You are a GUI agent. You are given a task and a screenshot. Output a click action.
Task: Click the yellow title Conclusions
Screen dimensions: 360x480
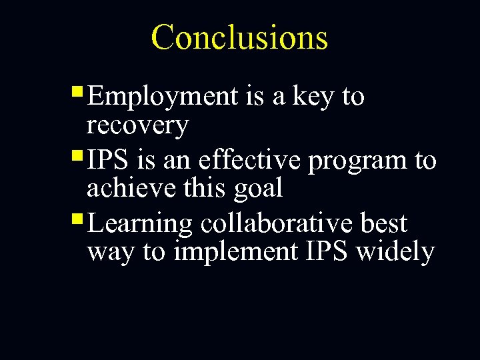(239, 37)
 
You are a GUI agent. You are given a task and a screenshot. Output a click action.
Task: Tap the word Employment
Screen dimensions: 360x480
(162, 97)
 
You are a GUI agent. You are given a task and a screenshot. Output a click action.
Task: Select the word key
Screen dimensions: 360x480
(313, 97)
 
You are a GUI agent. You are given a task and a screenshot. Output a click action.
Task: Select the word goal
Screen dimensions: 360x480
(258, 189)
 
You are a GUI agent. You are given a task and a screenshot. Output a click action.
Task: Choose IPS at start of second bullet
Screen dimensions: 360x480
(107, 161)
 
